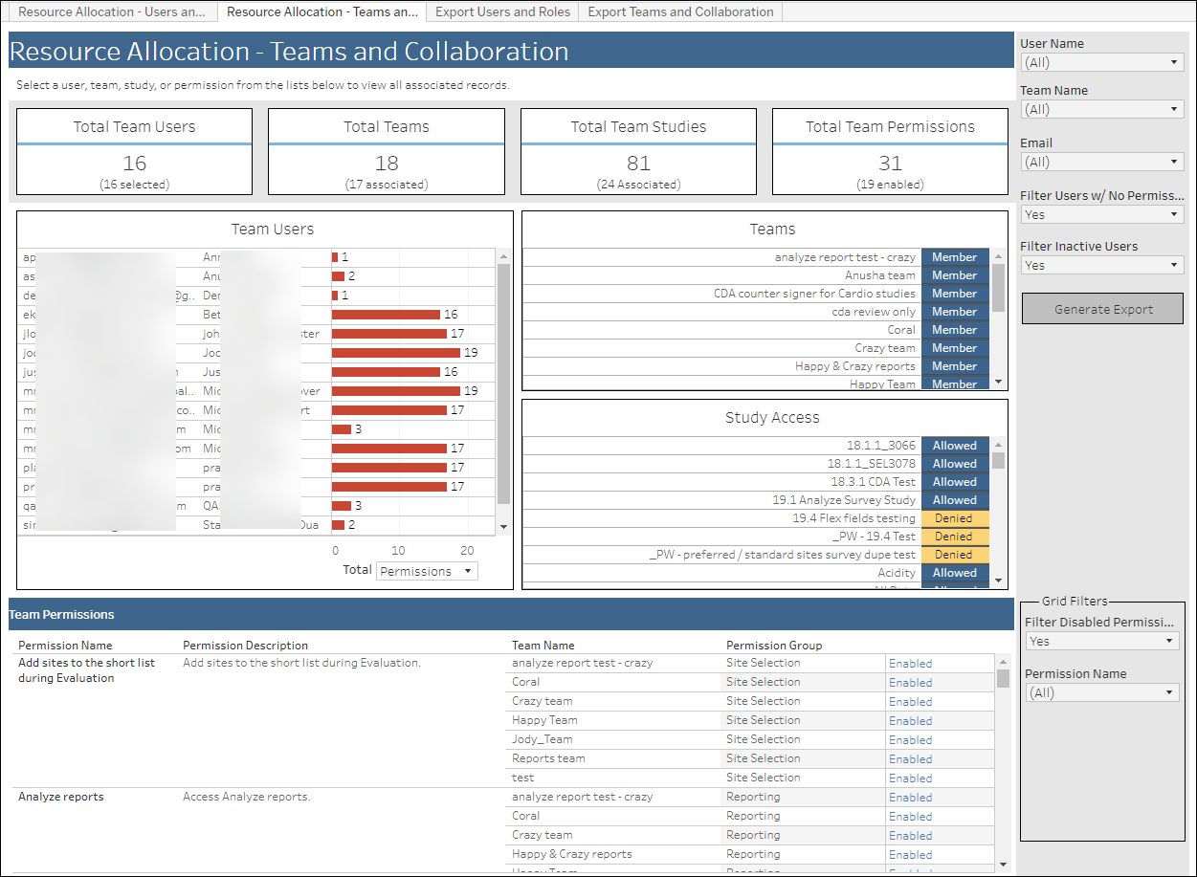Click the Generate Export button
[x=1102, y=309]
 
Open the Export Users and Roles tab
[x=502, y=12]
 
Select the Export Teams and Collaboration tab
[x=680, y=12]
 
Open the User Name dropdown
[x=1102, y=62]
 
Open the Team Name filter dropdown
[x=1102, y=109]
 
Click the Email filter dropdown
[x=1102, y=162]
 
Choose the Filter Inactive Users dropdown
[x=1102, y=265]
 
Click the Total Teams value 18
[x=387, y=163]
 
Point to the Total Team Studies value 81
[x=638, y=163]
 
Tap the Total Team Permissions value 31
[x=890, y=163]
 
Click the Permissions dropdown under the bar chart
[x=428, y=571]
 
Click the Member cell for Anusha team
[x=954, y=275]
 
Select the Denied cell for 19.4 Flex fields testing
[x=954, y=518]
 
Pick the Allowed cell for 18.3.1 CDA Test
[x=954, y=482]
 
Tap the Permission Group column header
[x=774, y=646]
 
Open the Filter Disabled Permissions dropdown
[x=1101, y=642]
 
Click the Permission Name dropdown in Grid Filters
[x=1101, y=692]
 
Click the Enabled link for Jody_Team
[x=910, y=740]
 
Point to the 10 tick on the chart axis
[x=398, y=551]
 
